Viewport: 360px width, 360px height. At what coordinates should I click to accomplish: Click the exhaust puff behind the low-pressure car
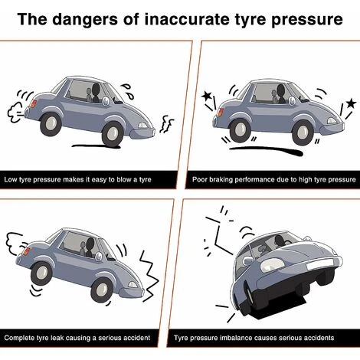click(16, 113)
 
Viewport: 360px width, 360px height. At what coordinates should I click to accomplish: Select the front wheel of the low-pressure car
click(112, 133)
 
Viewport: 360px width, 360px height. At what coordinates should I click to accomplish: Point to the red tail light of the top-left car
click(33, 104)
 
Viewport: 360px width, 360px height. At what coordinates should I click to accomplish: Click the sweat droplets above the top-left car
click(128, 91)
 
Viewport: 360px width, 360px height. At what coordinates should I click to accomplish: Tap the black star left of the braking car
click(207, 96)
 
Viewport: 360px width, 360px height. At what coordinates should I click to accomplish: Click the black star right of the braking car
click(351, 103)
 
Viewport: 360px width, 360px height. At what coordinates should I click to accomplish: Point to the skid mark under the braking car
click(266, 150)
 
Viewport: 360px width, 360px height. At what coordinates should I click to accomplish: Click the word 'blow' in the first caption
click(125, 179)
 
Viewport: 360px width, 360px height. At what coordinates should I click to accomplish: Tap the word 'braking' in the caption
click(221, 179)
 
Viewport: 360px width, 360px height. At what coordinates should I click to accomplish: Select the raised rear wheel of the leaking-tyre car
click(41, 274)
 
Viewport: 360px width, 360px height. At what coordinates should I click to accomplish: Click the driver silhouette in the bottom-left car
click(90, 247)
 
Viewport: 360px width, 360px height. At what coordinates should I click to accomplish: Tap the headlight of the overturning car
click(272, 264)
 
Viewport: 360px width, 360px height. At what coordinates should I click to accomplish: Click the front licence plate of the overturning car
click(319, 264)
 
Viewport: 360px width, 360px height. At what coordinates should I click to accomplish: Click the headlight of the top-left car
click(142, 125)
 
